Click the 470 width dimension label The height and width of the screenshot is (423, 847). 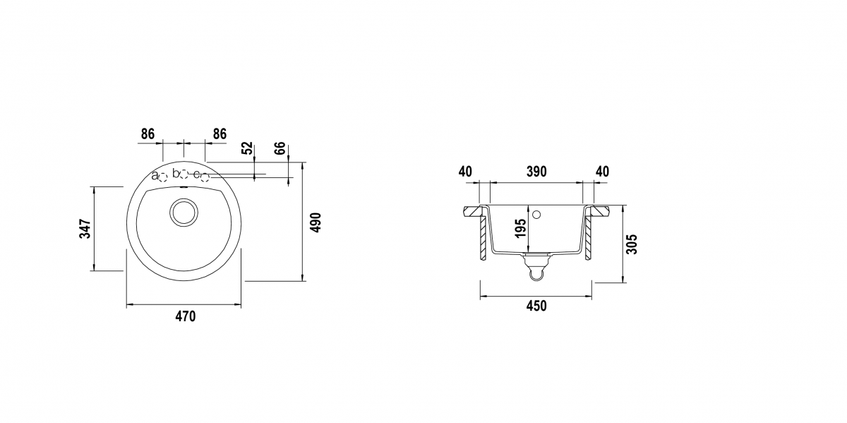coord(185,316)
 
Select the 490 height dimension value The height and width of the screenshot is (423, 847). coord(316,223)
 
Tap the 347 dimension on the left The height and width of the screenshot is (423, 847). coord(85,229)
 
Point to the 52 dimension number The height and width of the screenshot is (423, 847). coord(247,148)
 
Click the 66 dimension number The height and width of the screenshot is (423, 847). coord(280,148)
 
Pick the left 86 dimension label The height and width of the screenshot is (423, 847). coord(148,134)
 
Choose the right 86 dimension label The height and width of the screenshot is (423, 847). coord(220,134)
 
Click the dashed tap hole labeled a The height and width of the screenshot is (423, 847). coord(163,177)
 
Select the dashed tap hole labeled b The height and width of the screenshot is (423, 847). coord(184,174)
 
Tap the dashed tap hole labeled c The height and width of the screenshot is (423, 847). coord(205,177)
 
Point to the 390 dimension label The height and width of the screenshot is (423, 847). coord(536,172)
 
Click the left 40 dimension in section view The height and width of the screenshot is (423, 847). coord(465,172)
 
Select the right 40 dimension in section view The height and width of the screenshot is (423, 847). coord(602,172)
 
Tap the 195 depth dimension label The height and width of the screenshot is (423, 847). coord(520,229)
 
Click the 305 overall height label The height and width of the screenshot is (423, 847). coord(632,244)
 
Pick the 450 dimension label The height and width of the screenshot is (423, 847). coord(536,306)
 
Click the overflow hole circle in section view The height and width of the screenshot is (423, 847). coord(536,215)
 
